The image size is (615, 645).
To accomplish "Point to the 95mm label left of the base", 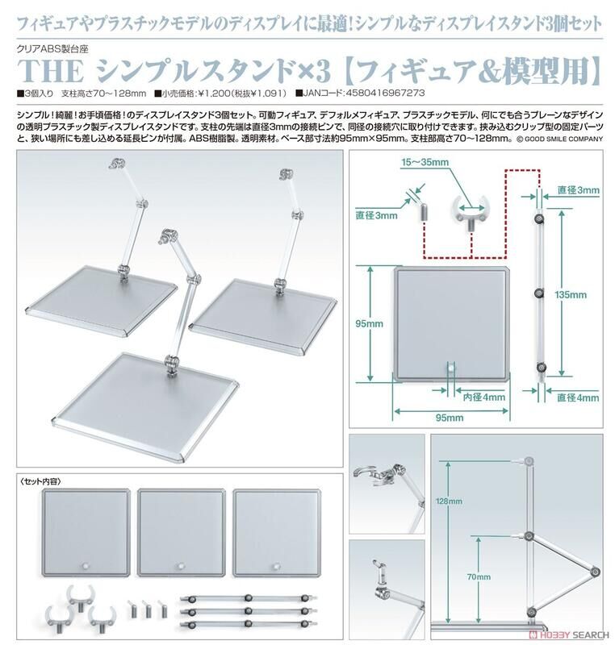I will pos(373,324).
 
